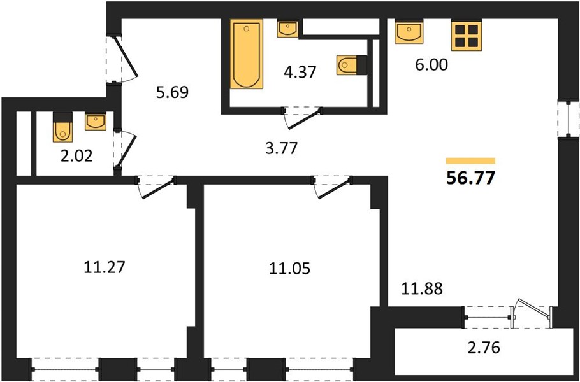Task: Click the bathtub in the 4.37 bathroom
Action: tap(247, 54)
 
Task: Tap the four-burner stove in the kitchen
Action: tap(467, 36)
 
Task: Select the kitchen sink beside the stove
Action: tap(409, 32)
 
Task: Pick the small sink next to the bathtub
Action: tap(287, 29)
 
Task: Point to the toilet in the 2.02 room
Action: tap(63, 127)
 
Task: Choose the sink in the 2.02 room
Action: tap(96, 122)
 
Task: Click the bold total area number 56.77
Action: tap(470, 179)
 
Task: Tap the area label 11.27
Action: tap(105, 267)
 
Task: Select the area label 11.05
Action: tap(289, 269)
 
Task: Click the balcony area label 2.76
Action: tap(484, 348)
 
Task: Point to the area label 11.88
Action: tap(422, 288)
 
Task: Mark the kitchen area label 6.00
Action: tap(431, 65)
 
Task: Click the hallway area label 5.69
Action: tap(172, 92)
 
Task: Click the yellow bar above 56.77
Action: tap(470, 160)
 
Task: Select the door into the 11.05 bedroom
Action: tap(333, 188)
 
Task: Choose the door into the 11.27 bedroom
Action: tap(156, 188)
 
